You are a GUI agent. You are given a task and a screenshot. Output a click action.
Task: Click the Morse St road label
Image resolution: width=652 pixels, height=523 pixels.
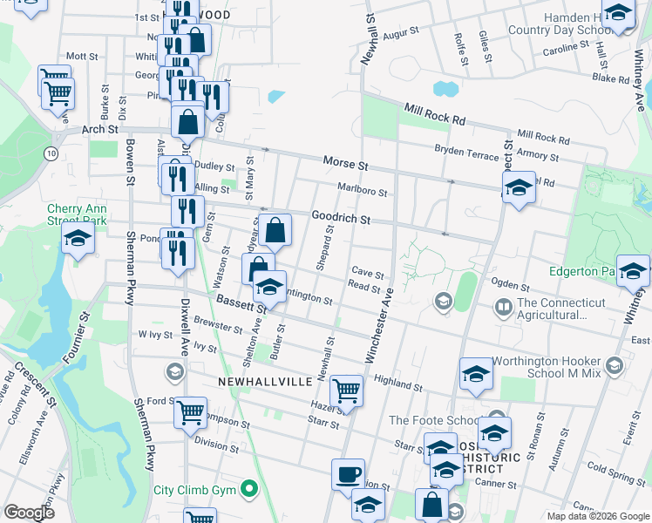[346, 163]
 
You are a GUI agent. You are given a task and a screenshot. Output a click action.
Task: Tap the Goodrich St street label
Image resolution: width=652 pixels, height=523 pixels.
[342, 218]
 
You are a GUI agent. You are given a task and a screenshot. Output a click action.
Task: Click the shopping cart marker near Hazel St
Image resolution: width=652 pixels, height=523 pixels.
[347, 391]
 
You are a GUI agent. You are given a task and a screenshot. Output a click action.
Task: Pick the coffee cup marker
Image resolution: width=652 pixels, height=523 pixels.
[349, 474]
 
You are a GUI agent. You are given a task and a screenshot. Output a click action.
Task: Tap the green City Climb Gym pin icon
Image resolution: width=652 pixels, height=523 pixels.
[249, 489]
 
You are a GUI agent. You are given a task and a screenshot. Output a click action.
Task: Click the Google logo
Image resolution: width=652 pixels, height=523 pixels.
[29, 513]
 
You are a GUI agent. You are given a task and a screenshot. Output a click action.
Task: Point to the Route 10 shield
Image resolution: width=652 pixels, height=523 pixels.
[52, 153]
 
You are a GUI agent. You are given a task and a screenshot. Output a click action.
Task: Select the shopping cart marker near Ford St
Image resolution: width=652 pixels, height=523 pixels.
[190, 412]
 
